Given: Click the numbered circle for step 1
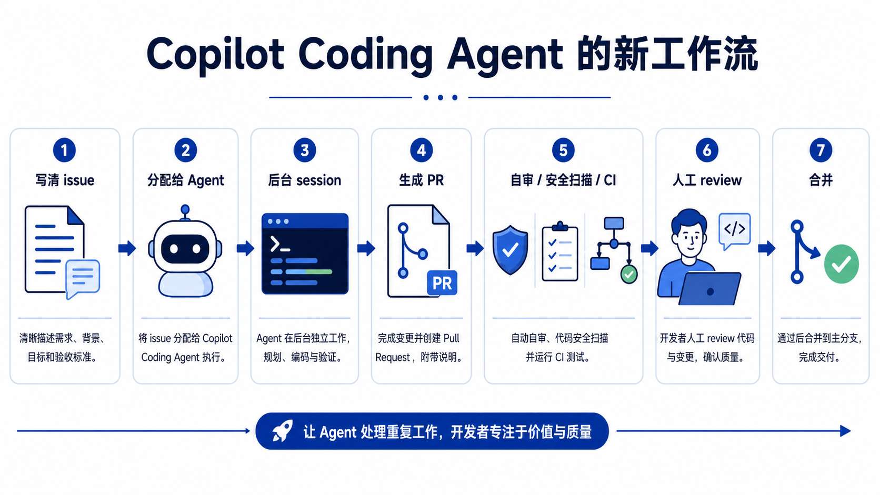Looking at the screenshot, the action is [x=64, y=150].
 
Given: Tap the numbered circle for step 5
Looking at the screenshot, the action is [x=563, y=150].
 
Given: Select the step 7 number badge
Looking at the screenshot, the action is [x=821, y=150].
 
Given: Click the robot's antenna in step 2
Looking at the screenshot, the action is [x=185, y=213].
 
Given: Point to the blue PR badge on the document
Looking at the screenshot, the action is [x=442, y=282].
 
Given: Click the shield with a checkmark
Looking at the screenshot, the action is [x=510, y=250].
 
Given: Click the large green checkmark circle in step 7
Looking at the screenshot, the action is [x=841, y=264].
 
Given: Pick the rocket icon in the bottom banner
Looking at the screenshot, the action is [x=283, y=431].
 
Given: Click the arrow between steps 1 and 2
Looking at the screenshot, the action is [x=127, y=248].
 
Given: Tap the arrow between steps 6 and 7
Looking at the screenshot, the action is [x=766, y=248].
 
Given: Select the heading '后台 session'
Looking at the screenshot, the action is [x=304, y=180].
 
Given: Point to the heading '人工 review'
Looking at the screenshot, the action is [x=707, y=180].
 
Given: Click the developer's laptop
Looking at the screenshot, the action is [x=709, y=288].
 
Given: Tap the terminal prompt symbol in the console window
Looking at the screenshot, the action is [x=279, y=244].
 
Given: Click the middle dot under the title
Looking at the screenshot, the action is [x=440, y=97].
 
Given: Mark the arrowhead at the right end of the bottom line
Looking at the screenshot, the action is [x=845, y=431].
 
